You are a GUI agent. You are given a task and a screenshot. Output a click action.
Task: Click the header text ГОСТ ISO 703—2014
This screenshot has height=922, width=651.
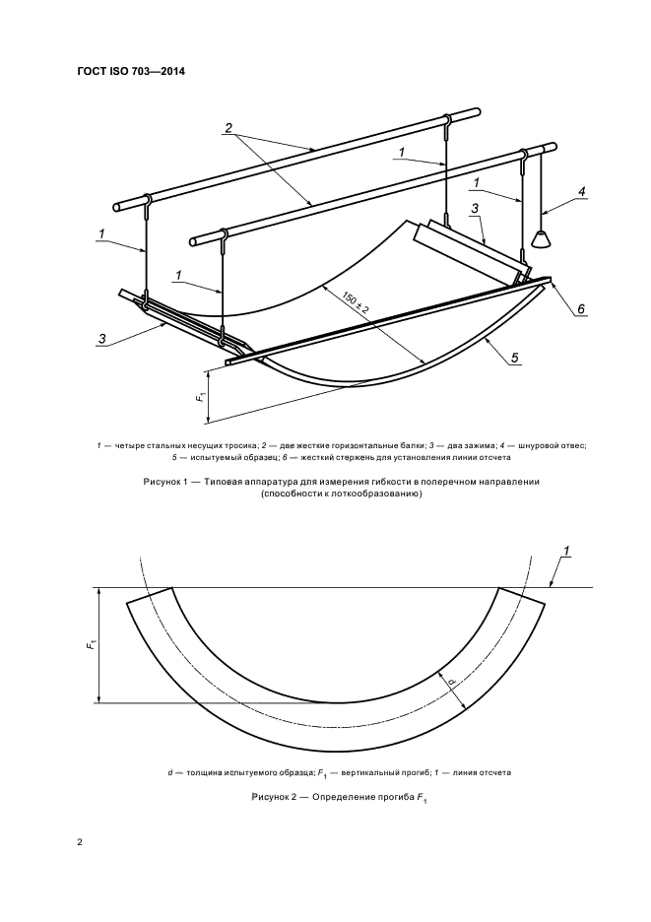click(131, 71)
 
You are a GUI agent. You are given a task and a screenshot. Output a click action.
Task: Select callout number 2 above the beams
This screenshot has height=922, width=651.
click(228, 128)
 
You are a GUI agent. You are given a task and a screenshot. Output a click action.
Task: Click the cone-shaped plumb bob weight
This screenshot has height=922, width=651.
click(541, 239)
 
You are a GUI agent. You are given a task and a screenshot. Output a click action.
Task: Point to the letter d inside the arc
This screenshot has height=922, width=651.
click(449, 681)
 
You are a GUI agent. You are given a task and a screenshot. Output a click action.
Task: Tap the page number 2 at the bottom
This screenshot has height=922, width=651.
click(80, 843)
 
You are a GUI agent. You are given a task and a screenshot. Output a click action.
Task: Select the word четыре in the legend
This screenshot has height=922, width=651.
click(130, 445)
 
